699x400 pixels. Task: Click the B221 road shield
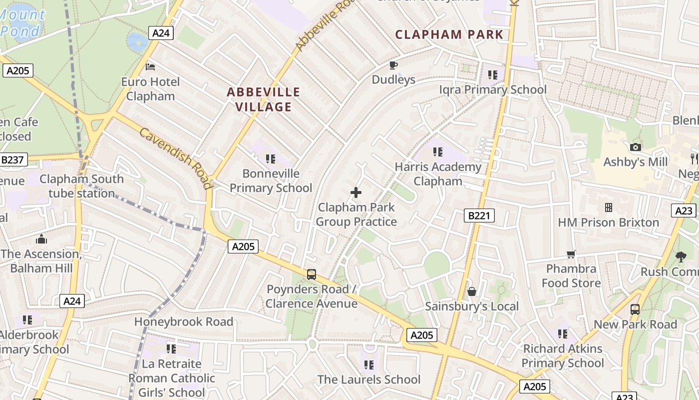(x=479, y=215)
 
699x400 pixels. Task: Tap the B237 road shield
(x=13, y=159)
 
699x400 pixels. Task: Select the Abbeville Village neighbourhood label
(x=264, y=99)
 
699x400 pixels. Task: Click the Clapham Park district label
(x=449, y=34)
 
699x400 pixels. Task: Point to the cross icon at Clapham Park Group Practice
(x=356, y=192)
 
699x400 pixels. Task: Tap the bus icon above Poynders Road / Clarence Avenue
(x=312, y=274)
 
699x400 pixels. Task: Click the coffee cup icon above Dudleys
(x=393, y=65)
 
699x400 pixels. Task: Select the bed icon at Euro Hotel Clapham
(x=150, y=66)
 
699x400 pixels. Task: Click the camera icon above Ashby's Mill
(x=635, y=147)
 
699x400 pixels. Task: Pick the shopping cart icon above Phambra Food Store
(x=571, y=254)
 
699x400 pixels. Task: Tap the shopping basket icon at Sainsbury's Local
(x=472, y=291)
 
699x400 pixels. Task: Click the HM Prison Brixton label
(x=608, y=222)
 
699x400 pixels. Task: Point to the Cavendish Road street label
(x=175, y=158)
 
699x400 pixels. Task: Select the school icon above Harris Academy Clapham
(x=438, y=151)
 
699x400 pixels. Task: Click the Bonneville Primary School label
(x=271, y=180)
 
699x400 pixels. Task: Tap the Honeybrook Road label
(x=184, y=321)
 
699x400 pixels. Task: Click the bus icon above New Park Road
(x=635, y=309)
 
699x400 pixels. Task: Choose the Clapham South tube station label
(x=81, y=186)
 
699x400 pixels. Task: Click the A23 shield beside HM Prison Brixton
(x=684, y=210)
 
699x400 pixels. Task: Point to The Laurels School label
(x=369, y=379)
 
